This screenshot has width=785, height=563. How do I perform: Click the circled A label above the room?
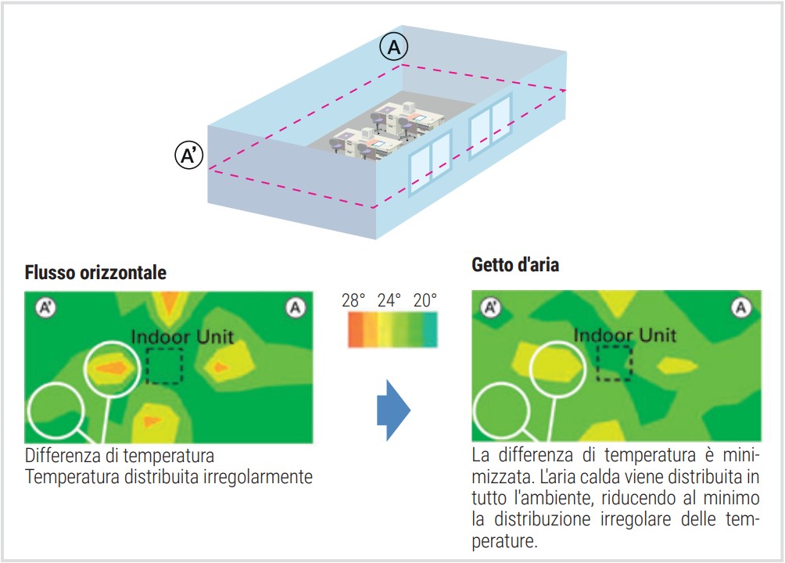[393, 47]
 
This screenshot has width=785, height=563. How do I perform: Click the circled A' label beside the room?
[188, 155]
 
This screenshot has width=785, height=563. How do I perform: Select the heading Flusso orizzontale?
[95, 272]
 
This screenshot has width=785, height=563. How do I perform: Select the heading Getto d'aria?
[515, 264]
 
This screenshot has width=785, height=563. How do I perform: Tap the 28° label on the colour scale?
[353, 300]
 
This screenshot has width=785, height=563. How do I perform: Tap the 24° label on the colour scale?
[389, 300]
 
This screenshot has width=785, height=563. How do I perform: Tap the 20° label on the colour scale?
[425, 300]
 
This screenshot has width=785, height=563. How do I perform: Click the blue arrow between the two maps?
[393, 410]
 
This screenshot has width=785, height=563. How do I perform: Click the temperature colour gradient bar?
[392, 329]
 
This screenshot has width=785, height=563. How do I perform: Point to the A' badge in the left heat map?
[45, 307]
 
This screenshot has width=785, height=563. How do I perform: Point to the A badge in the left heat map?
[296, 307]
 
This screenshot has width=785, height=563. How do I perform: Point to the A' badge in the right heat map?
[491, 307]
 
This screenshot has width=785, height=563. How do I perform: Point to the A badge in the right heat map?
[741, 307]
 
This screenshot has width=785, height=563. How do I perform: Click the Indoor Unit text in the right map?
[625, 335]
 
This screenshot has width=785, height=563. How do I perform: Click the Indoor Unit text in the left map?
[182, 336]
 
